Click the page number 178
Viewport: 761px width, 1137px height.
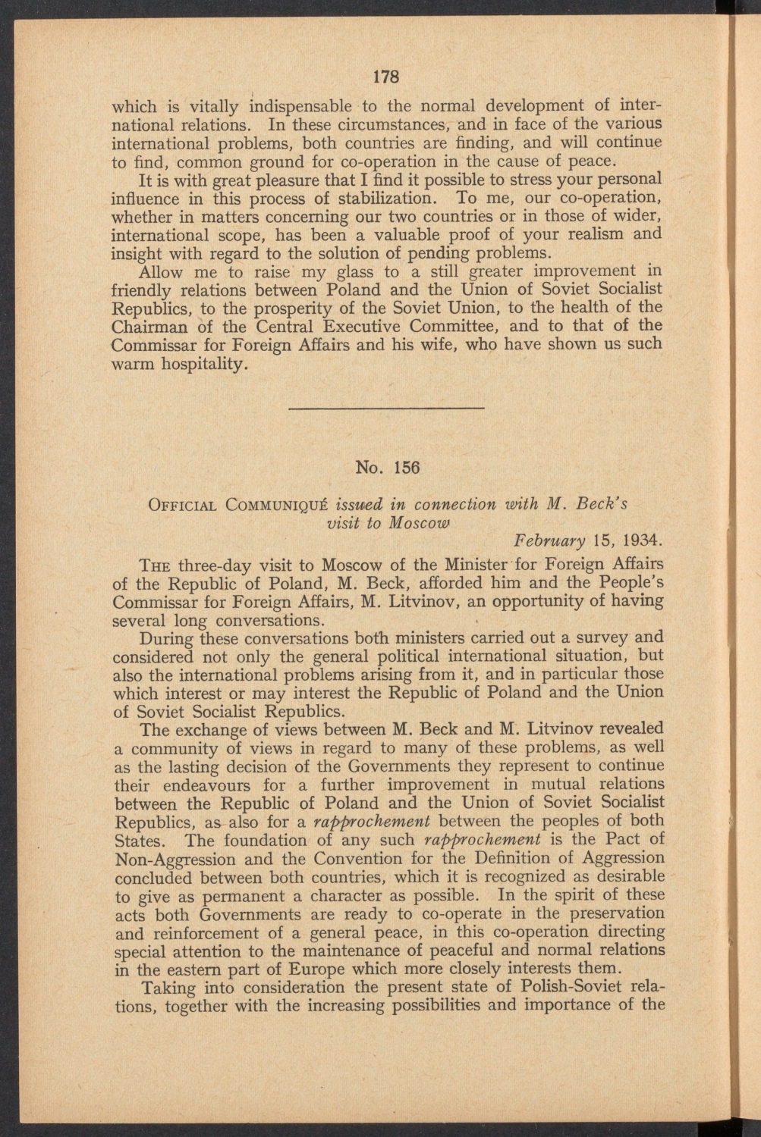click(386, 77)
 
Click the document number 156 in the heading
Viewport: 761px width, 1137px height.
click(407, 467)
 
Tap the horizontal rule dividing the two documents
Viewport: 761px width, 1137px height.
click(387, 409)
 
